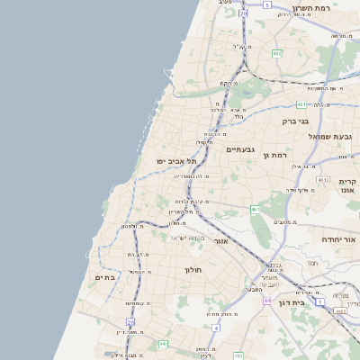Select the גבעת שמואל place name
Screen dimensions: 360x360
(x=330, y=136)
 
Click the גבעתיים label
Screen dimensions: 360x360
(x=241, y=149)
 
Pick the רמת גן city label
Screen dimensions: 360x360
(x=274, y=156)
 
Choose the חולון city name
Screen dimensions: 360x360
(x=193, y=270)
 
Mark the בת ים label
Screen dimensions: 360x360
(x=105, y=278)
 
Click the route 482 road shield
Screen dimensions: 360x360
(x=277, y=54)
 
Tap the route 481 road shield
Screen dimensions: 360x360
(x=300, y=103)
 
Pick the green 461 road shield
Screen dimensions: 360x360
(x=255, y=210)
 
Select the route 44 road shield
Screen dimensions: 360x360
(x=266, y=300)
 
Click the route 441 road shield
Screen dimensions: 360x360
(x=163, y=344)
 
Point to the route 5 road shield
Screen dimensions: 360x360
(x=266, y=4)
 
